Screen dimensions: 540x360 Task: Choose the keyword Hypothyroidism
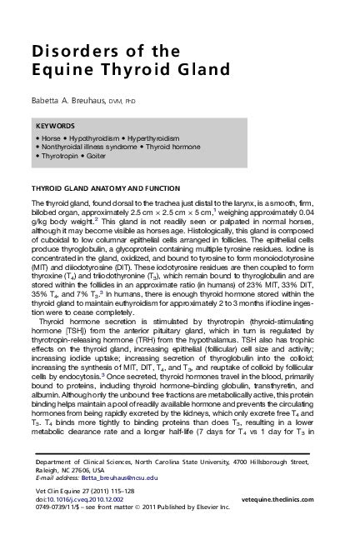pyautogui.click(x=92, y=136)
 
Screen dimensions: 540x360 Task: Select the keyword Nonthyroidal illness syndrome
pyautogui.click(x=84, y=145)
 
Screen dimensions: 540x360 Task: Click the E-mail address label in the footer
pyautogui.click(x=48, y=479)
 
